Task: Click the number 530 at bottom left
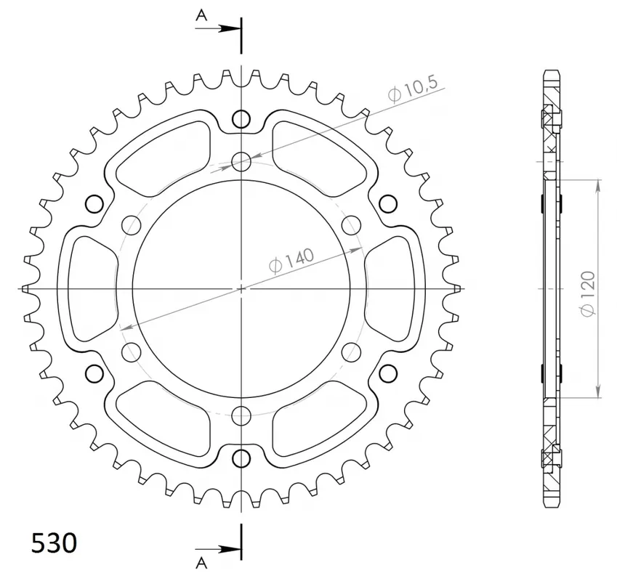click(x=54, y=543)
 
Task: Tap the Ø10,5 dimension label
click(x=412, y=91)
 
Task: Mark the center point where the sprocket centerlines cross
click(x=241, y=288)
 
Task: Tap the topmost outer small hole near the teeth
click(x=241, y=119)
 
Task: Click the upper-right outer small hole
click(x=388, y=203)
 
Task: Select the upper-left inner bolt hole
click(x=132, y=224)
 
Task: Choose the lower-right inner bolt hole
click(x=352, y=352)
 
